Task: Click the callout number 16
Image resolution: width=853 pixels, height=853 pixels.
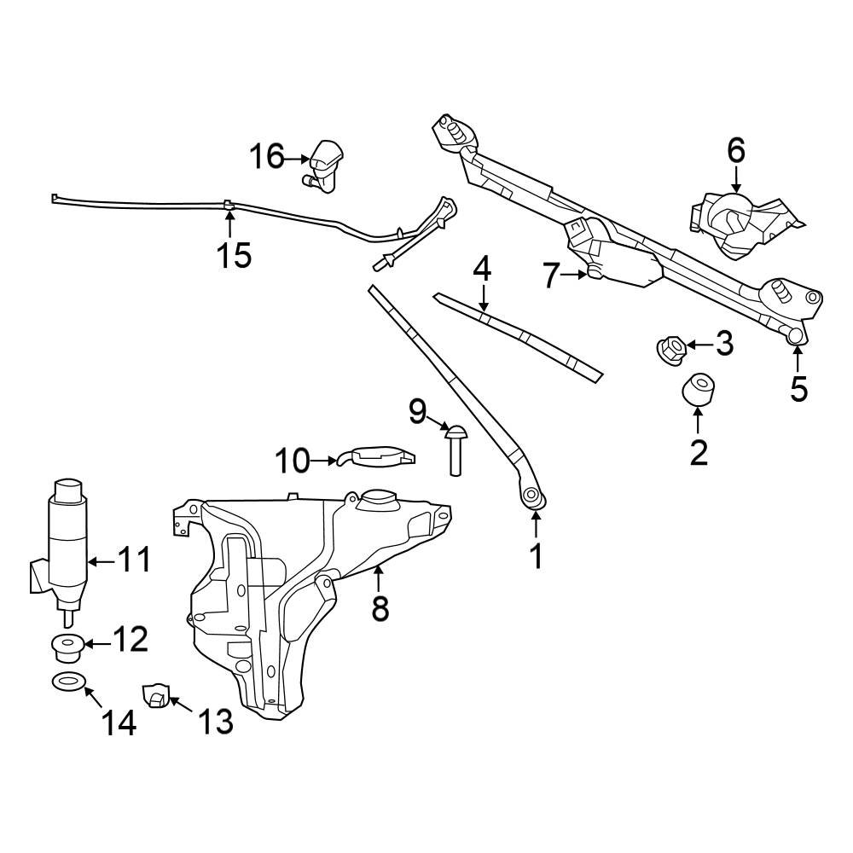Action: coord(266,157)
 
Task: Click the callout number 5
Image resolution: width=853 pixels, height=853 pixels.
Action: coord(798,387)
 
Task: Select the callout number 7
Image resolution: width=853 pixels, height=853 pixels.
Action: coord(551,276)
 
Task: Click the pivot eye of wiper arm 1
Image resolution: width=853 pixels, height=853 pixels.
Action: coord(531,495)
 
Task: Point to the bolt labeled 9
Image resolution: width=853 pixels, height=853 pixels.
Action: coord(455,449)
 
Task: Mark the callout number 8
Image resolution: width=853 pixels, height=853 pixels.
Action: coord(380,608)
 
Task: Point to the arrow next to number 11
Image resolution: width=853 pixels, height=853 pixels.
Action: coord(101,560)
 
